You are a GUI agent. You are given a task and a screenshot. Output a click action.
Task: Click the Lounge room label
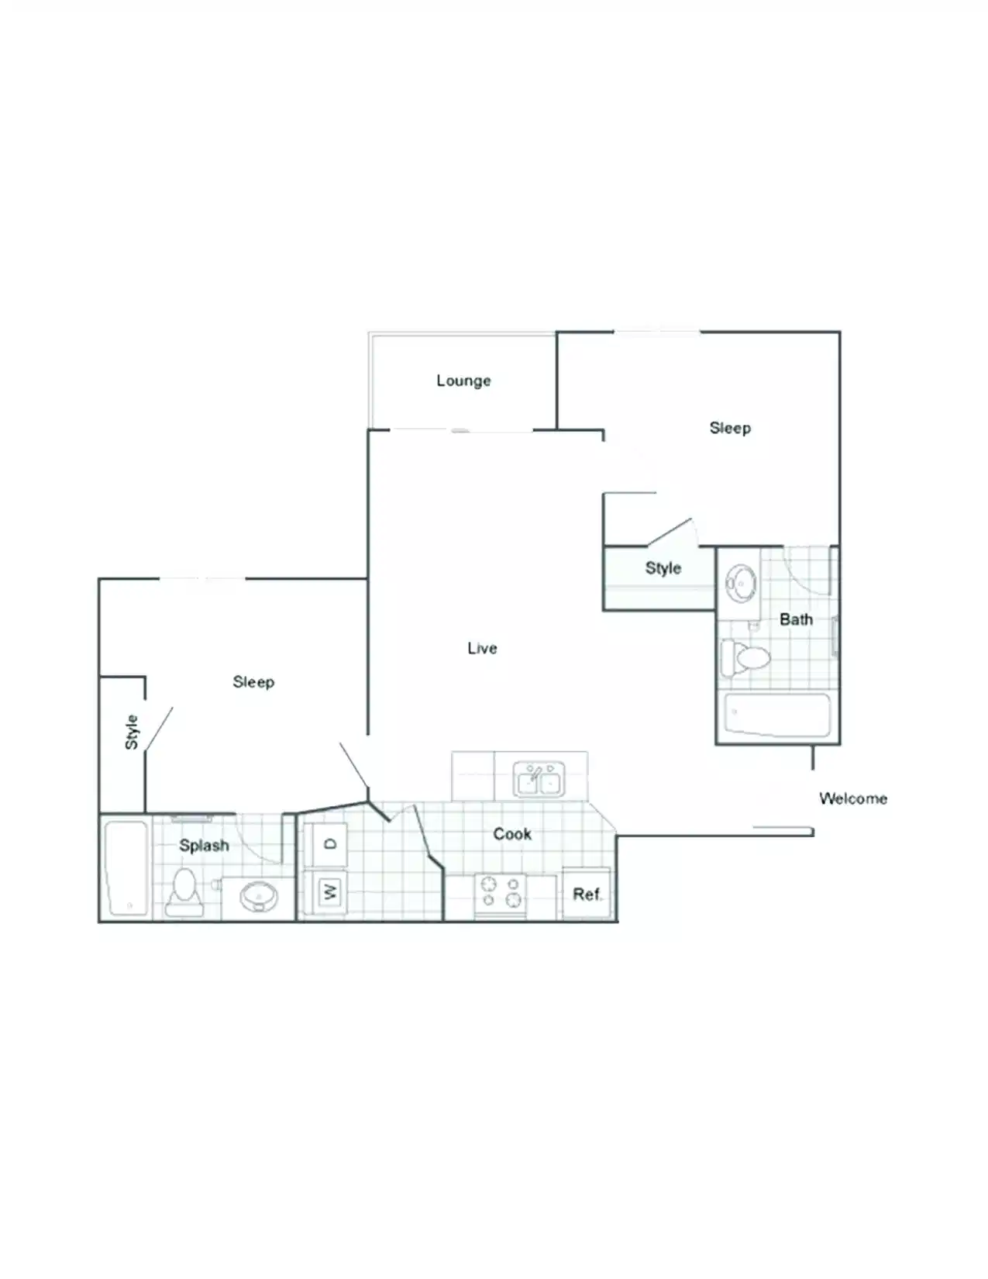click(x=463, y=381)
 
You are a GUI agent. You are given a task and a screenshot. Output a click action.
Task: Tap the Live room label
click(x=482, y=648)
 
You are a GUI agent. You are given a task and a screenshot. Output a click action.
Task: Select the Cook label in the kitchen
click(x=512, y=834)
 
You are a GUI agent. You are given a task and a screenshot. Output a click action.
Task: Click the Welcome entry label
click(x=852, y=798)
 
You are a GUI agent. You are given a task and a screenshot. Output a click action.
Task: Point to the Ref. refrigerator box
click(x=587, y=894)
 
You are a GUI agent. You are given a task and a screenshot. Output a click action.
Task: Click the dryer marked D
click(x=329, y=844)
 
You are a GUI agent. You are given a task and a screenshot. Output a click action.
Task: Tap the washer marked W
click(x=329, y=891)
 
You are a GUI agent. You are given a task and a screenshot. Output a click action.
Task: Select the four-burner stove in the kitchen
click(x=501, y=892)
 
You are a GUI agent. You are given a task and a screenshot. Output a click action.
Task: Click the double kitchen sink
click(x=539, y=778)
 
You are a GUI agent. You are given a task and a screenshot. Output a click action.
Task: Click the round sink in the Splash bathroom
click(x=258, y=898)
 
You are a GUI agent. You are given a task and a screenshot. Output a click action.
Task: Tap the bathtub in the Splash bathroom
click(x=126, y=868)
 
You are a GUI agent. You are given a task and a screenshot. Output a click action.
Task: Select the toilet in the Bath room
click(x=747, y=658)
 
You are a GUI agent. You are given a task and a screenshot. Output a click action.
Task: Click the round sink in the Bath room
click(x=742, y=583)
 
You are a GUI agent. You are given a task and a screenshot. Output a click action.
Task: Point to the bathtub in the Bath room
click(x=777, y=715)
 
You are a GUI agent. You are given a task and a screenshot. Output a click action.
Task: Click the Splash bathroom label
click(x=204, y=846)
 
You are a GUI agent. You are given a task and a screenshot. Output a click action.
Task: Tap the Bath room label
click(x=796, y=619)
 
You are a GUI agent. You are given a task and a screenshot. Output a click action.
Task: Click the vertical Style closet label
click(x=132, y=732)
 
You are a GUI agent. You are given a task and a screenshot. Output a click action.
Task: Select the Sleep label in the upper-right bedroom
click(x=730, y=428)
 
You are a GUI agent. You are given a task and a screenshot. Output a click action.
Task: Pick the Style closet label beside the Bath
click(x=663, y=568)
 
